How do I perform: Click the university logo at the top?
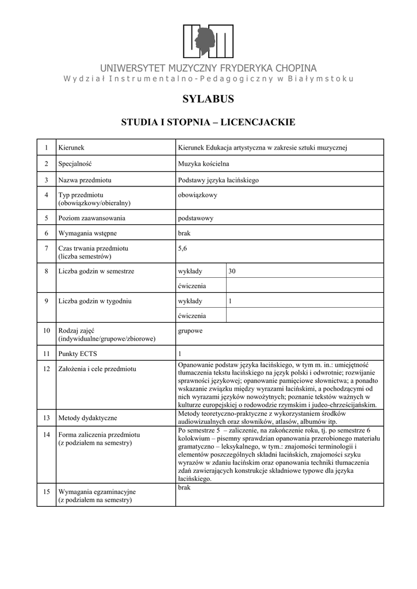(208, 41)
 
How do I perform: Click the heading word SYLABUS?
(208, 99)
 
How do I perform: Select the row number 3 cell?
(46, 180)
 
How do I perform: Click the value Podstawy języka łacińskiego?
(219, 180)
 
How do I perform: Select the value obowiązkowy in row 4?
(198, 195)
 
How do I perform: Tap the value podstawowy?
(196, 218)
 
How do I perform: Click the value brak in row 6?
(184, 233)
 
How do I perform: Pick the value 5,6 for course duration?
(183, 248)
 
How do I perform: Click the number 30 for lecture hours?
(232, 271)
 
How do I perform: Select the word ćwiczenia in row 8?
(192, 285)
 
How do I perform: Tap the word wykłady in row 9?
(190, 301)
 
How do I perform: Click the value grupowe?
(190, 331)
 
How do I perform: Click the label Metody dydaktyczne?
(87, 418)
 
